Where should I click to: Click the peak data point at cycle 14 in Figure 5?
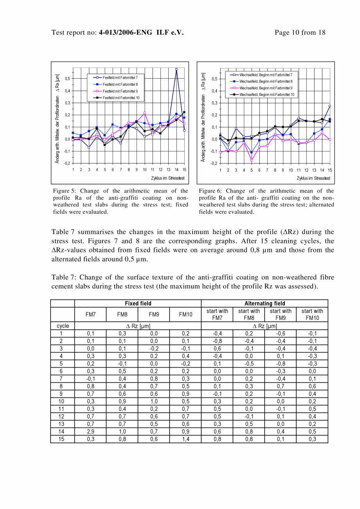tap(176, 69)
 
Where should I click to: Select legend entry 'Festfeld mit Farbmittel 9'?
tap(120, 91)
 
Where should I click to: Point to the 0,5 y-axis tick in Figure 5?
tap(68, 79)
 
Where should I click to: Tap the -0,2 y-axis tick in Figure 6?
tap(213, 163)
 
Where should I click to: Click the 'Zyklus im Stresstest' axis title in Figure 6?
tap(313, 179)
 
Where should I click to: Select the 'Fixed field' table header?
tap(138, 303)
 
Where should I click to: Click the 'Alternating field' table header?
tap(265, 303)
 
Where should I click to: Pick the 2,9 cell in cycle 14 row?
tap(90, 432)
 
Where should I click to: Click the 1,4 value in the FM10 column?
tap(185, 439)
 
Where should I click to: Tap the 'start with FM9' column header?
tap(280, 314)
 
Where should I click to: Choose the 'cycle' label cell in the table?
tap(63, 326)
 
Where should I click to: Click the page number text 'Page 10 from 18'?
tap(300, 32)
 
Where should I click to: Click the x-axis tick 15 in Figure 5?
tap(184, 169)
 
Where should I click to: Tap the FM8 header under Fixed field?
tap(122, 314)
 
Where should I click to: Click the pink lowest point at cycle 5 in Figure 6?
tap(252, 160)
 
